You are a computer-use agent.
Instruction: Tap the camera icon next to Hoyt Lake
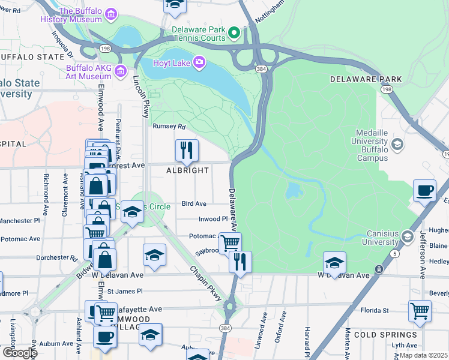pos(199,61)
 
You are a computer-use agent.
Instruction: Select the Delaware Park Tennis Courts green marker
pos(235,33)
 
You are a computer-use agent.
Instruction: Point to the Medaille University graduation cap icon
pos(397,145)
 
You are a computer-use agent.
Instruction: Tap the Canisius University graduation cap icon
pos(408,237)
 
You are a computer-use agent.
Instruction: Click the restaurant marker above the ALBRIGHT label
pos(187,151)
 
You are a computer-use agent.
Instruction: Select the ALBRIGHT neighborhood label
pos(187,170)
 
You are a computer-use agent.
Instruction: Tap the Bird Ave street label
pos(194,204)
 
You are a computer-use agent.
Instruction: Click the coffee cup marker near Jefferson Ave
pos(425,190)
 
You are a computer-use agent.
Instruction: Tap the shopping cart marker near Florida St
pos(420,311)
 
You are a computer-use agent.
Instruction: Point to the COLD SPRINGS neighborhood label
pos(385,334)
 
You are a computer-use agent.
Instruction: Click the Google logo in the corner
pos(19,353)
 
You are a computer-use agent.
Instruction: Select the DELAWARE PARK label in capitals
pos(357,79)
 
